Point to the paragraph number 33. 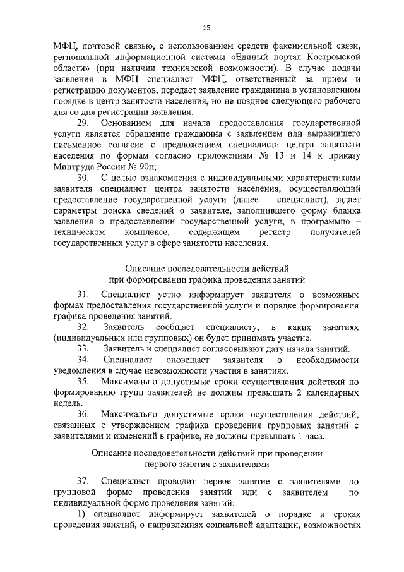pyautogui.click(x=85, y=349)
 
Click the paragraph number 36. pyautogui.click(x=85, y=414)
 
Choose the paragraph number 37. pyautogui.click(x=85, y=481)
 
